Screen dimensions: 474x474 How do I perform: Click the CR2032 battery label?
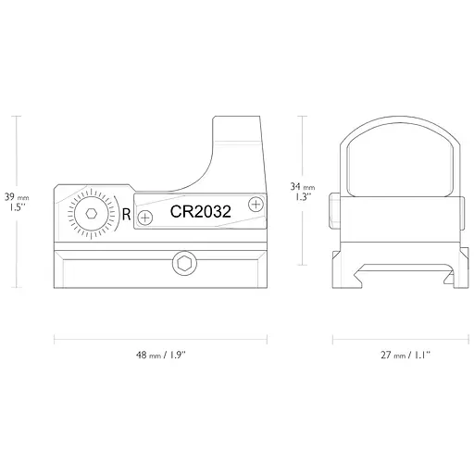[x=200, y=212]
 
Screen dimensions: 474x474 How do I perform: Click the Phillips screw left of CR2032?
[x=144, y=218]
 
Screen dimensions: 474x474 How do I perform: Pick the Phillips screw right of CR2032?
[x=256, y=204]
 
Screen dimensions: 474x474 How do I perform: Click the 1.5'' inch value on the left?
[x=15, y=208]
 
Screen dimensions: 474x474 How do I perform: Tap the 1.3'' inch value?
[x=302, y=196]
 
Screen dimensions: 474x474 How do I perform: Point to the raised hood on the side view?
[x=239, y=139]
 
